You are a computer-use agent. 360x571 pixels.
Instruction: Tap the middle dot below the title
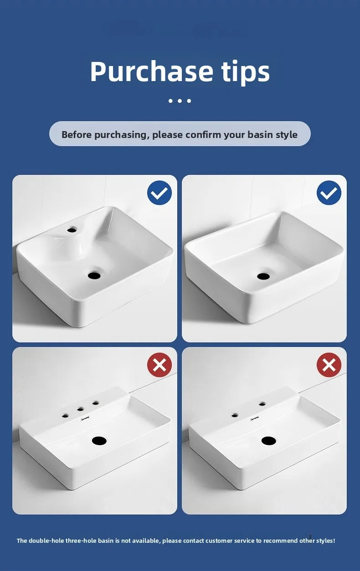(180, 101)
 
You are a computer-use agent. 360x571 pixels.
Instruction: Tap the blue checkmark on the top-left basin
(159, 193)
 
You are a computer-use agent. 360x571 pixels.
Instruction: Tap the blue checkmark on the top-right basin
(329, 193)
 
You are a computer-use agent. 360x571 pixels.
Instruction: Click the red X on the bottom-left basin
(159, 365)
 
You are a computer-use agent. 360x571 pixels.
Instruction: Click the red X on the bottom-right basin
(329, 365)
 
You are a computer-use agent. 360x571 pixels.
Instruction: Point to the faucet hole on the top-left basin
(72, 230)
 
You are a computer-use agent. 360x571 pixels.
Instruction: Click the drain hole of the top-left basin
(94, 275)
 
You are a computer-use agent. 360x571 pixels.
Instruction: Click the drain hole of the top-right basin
(263, 276)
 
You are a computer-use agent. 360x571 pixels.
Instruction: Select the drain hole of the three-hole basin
(99, 440)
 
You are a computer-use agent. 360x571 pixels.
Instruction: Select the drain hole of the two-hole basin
(269, 440)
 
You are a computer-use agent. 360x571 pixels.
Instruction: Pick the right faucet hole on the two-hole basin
(262, 404)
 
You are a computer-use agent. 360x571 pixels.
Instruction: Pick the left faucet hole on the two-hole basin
(235, 415)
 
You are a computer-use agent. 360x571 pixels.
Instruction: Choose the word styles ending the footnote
(324, 541)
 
